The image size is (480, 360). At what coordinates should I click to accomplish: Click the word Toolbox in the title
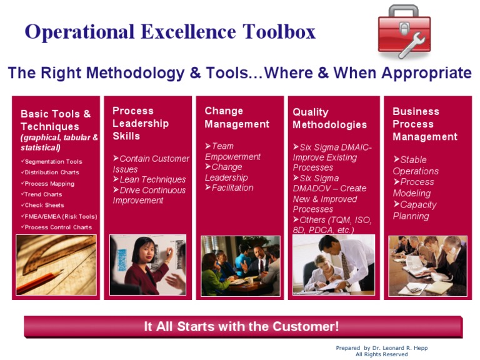point(271,31)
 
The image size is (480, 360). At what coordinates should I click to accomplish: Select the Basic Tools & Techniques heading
point(56,120)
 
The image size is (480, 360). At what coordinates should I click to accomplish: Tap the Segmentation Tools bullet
point(53,161)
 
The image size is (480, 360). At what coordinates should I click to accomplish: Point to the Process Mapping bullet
point(49,184)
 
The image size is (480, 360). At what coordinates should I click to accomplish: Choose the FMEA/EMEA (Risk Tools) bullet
point(61,216)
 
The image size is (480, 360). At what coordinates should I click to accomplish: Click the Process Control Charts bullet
point(58,227)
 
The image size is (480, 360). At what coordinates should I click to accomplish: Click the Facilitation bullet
point(232,187)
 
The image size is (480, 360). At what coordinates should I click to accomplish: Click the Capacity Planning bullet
point(414,210)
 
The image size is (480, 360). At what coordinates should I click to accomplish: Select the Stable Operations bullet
point(416,165)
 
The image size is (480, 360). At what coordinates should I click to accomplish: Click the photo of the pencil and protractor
point(56,265)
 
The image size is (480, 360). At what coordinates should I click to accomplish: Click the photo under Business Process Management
point(427,266)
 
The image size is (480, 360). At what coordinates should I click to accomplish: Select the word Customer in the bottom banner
point(307,326)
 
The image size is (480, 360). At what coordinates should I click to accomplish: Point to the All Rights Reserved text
point(381,354)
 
